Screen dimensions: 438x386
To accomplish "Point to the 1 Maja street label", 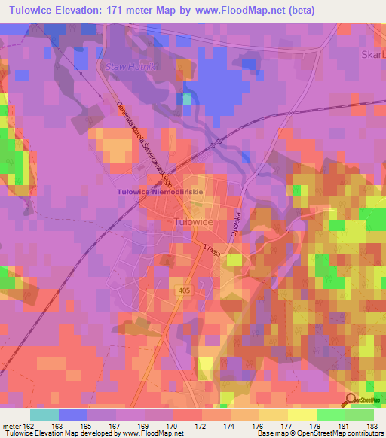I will coord(211,248).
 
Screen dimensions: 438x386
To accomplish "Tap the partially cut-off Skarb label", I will coord(373,55).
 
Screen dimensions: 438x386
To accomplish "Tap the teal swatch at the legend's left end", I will coord(44,414).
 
